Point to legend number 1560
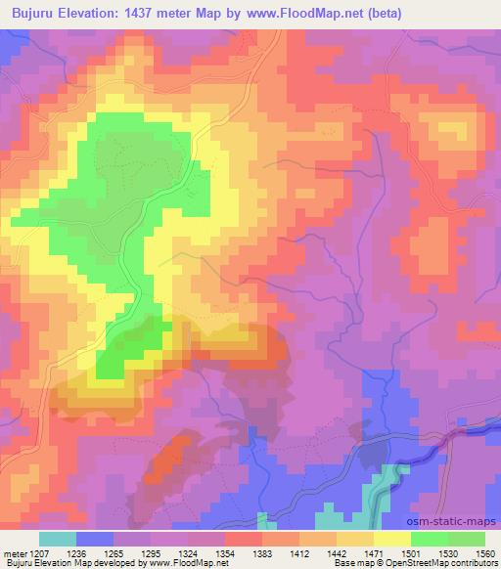pyautogui.click(x=481, y=553)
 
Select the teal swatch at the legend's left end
pyautogui.click(x=58, y=539)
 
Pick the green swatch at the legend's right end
pyautogui.click(x=467, y=539)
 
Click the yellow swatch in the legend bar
pyautogui.click(x=392, y=539)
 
